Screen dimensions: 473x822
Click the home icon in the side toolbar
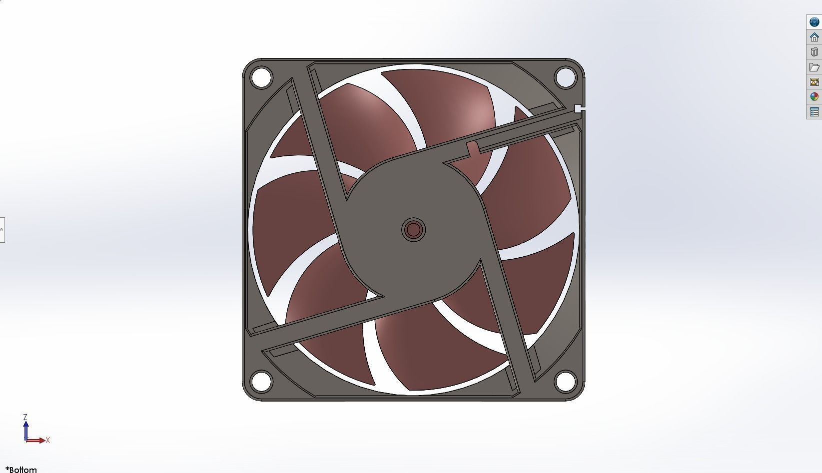pyautogui.click(x=814, y=37)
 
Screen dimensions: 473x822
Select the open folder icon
pyautogui.click(x=814, y=67)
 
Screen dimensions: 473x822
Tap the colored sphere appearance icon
pyautogui.click(x=814, y=97)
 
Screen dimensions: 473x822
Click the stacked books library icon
pyautogui.click(x=814, y=52)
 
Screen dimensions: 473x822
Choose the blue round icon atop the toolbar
pyautogui.click(x=814, y=22)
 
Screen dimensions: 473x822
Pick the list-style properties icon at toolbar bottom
pyautogui.click(x=814, y=112)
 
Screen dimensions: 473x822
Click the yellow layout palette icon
pyautogui.click(x=814, y=82)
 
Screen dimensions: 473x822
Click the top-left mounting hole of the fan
pyautogui.click(x=261, y=77)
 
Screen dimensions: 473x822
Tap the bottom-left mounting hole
pyautogui.click(x=261, y=381)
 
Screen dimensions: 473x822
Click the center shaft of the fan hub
pyautogui.click(x=413, y=230)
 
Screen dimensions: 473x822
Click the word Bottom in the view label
pyautogui.click(x=23, y=470)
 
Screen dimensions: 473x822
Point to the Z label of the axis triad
pyautogui.click(x=25, y=417)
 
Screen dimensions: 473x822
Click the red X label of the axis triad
pyautogui.click(x=47, y=440)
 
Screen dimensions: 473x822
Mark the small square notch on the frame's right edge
pyautogui.click(x=579, y=108)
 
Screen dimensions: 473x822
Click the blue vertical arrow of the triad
pyautogui.click(x=25, y=430)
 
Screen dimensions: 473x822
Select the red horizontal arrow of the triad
pyautogui.click(x=36, y=441)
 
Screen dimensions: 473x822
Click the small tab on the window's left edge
pyautogui.click(x=2, y=230)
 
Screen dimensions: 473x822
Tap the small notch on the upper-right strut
pyautogui.click(x=473, y=148)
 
